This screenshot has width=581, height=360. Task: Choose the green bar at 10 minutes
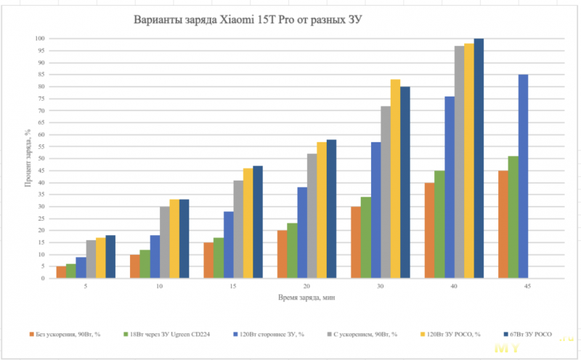[145, 263]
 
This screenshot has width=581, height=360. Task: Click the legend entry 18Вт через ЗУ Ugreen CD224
[168, 335]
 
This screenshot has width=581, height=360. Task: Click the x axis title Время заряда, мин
[306, 298]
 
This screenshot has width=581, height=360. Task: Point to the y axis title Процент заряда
[27, 158]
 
